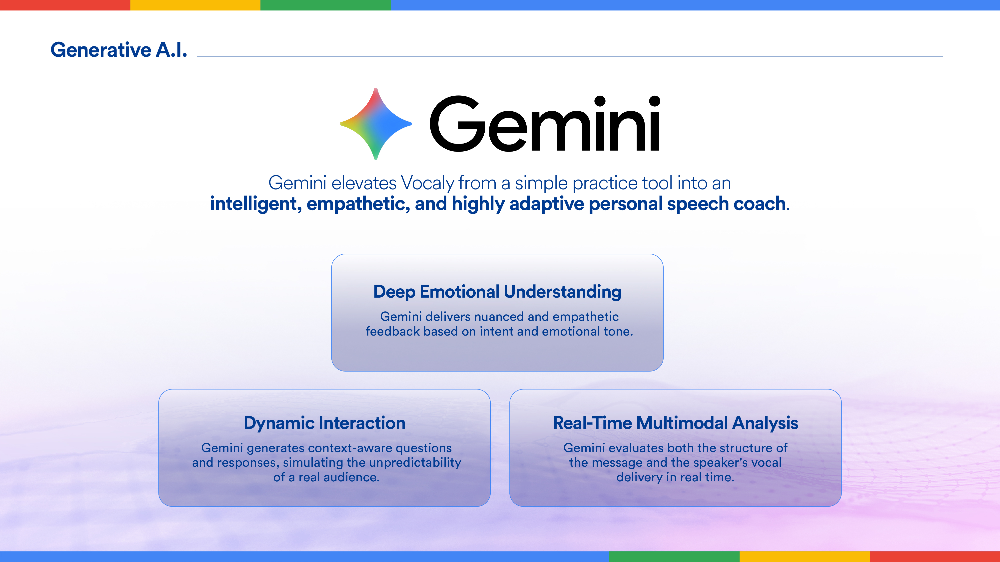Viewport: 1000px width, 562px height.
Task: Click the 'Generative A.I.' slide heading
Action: click(119, 50)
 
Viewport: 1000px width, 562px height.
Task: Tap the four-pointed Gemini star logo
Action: click(375, 124)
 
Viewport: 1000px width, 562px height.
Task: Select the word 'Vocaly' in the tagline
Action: click(427, 183)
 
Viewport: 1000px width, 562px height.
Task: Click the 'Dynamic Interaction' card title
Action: click(324, 423)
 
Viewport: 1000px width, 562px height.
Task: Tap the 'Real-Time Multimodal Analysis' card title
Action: click(676, 423)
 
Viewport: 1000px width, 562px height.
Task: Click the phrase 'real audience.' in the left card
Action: click(339, 477)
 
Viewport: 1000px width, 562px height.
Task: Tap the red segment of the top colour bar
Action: click(65, 5)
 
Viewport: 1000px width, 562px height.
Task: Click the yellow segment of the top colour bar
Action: click(195, 5)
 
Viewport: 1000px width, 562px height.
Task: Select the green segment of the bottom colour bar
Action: click(674, 557)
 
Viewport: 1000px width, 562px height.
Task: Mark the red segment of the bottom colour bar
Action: click(935, 557)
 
